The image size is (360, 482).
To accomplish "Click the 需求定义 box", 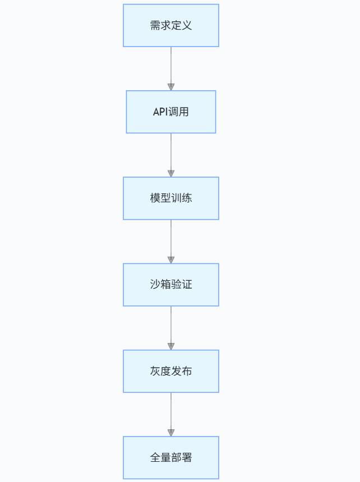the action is point(171,26).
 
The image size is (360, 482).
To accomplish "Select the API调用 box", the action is point(171,112).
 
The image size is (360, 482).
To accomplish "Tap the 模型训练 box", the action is point(171,198).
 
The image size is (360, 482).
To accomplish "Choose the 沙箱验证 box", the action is point(171,285).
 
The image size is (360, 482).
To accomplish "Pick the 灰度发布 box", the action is point(171,371).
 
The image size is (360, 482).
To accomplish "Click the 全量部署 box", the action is point(171,457).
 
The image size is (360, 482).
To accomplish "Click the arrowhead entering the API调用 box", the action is point(171,87).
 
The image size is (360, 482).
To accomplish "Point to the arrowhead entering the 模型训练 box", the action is point(171,173).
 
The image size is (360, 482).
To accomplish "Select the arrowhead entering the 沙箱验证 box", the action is point(171,259).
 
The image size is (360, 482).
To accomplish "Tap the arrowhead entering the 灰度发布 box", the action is point(171,346).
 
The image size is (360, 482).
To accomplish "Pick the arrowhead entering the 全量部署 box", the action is point(171,433).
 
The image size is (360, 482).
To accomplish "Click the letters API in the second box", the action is point(160,112).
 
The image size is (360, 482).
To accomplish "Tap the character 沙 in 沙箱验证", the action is point(155,284).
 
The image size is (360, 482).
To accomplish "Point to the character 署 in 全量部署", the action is point(187,457).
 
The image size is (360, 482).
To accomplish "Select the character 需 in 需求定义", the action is point(155,25).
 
